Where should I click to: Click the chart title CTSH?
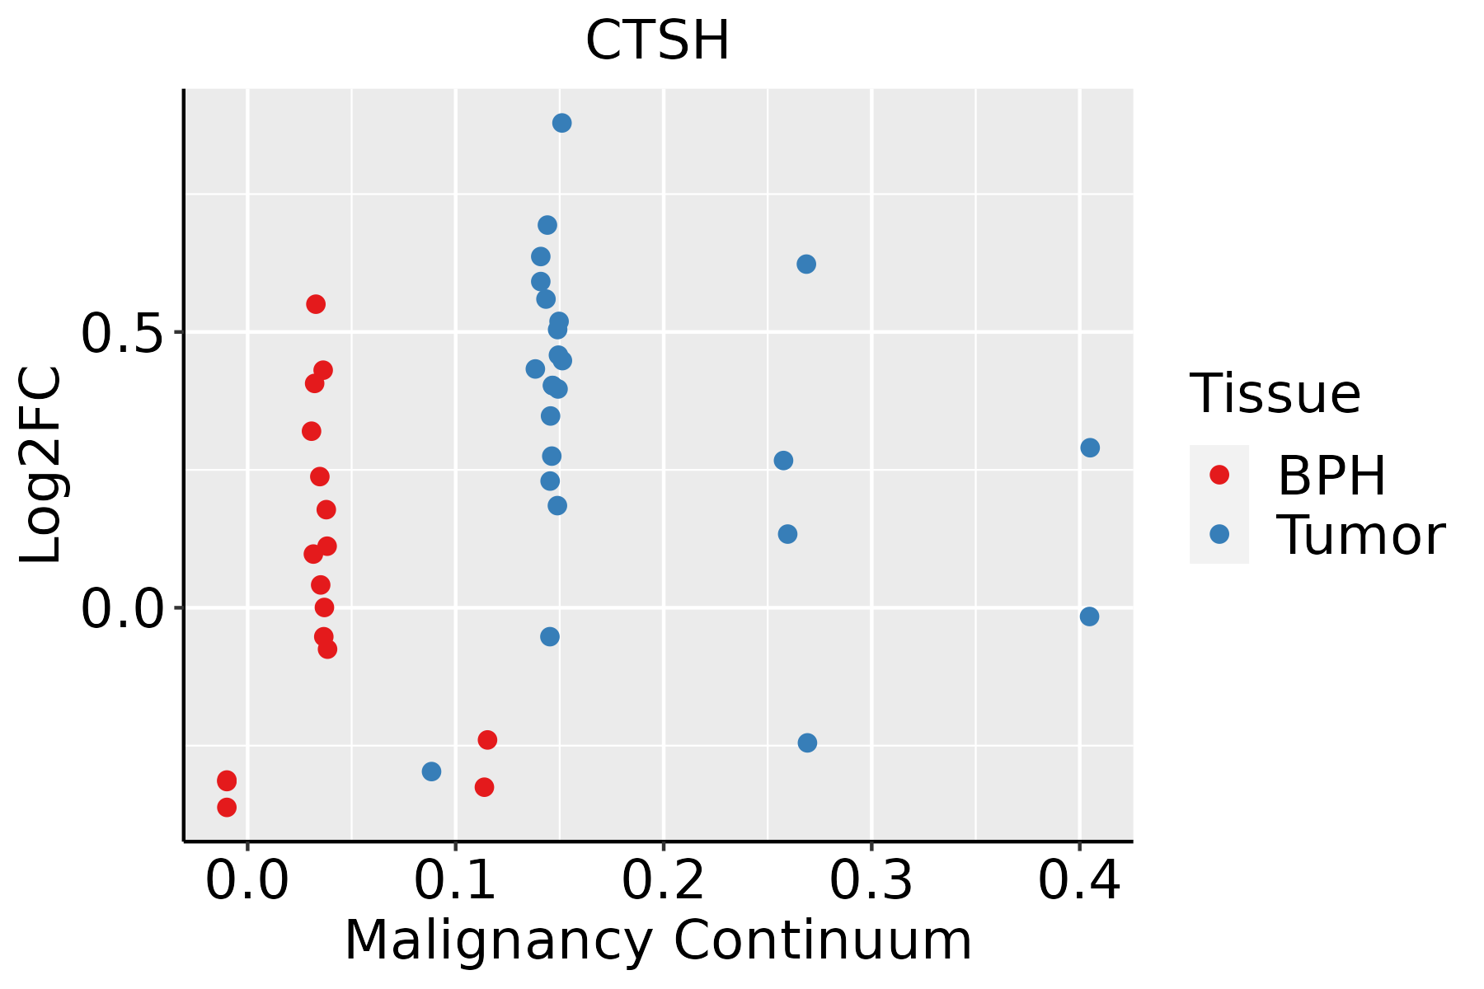pos(657,41)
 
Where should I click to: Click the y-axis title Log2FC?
pos(41,466)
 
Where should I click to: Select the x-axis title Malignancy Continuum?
pos(657,941)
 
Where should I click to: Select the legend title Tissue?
pos(1275,394)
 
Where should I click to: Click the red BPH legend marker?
pos(1219,474)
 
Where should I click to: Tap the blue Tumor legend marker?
pos(1219,534)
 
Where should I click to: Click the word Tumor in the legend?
pos(1360,536)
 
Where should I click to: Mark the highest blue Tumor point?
pos(562,123)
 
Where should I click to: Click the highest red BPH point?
pos(316,304)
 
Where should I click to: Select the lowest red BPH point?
pos(227,807)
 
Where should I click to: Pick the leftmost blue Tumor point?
pos(431,771)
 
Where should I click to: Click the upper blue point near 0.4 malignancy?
pos(1090,448)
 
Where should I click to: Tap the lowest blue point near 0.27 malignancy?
pos(807,743)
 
